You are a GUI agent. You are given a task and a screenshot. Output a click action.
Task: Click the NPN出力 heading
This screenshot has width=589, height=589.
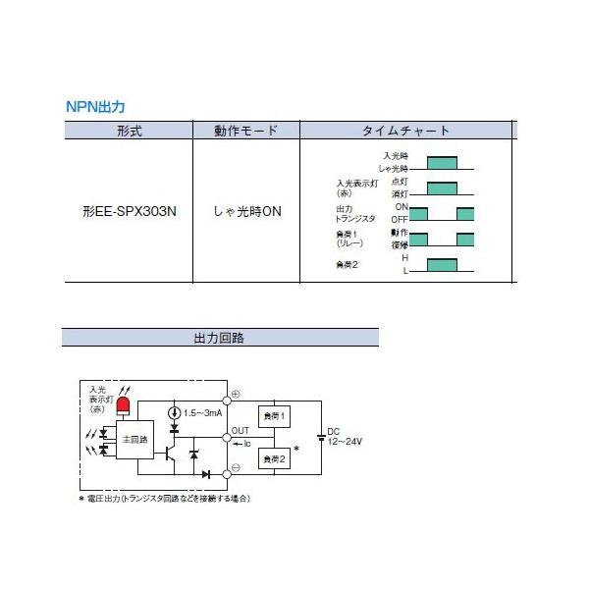95,105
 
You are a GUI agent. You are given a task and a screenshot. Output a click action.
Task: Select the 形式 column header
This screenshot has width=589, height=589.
129,131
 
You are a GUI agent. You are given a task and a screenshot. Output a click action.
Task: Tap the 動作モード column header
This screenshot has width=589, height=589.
245,131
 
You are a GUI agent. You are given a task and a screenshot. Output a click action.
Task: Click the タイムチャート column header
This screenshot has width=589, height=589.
406,131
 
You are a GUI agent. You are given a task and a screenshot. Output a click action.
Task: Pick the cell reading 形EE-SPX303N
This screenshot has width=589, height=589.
130,211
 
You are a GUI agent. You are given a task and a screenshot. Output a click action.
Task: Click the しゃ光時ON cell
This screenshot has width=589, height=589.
246,211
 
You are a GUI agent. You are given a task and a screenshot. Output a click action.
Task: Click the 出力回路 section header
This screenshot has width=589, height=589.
219,338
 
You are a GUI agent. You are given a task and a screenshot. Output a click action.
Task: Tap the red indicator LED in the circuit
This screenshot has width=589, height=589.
124,404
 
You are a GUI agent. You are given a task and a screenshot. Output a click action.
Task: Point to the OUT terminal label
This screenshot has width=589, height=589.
241,430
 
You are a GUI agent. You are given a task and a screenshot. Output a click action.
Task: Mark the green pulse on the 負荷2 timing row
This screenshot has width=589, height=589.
442,262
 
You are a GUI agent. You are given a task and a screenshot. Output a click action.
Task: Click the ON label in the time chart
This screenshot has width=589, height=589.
402,207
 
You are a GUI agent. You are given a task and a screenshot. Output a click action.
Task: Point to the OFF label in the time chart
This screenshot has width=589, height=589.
400,218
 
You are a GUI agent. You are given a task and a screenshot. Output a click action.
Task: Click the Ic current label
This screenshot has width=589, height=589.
245,443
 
